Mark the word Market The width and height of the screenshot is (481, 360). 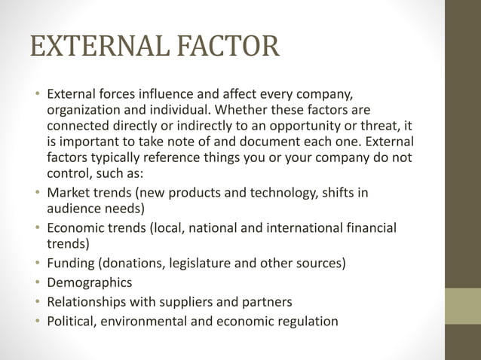point(67,192)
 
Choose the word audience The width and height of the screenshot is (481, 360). point(75,208)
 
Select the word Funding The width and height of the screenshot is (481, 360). point(70,264)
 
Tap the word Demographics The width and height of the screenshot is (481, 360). point(89,283)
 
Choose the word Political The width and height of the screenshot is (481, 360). point(72,322)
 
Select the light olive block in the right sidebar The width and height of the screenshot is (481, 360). point(462,305)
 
